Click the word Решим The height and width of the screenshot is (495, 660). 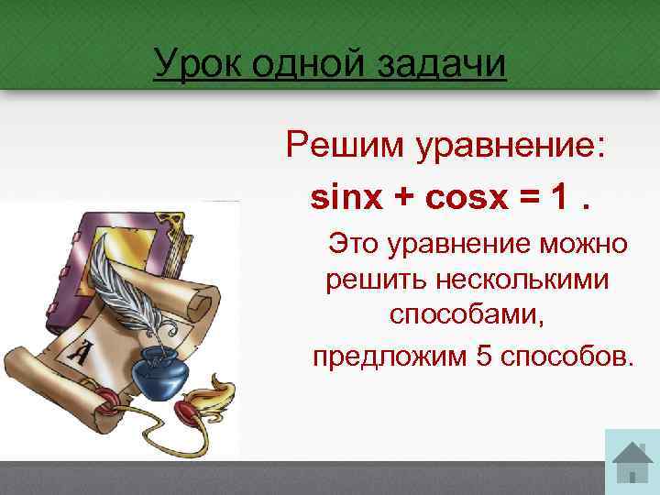pos(346,146)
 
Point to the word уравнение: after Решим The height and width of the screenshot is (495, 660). pos(511,147)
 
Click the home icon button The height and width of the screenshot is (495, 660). pos(632,462)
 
